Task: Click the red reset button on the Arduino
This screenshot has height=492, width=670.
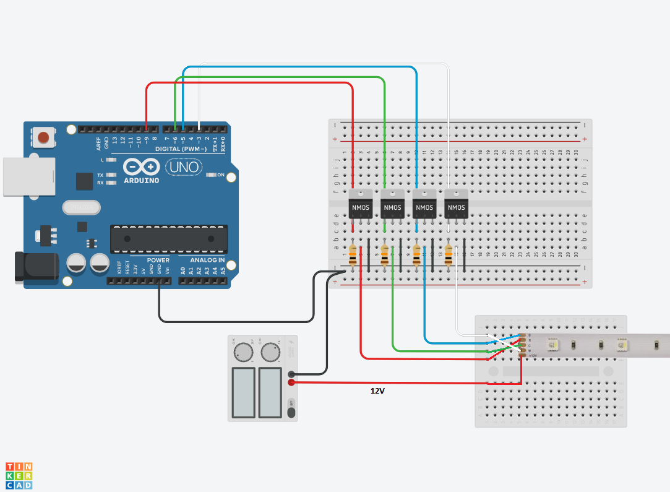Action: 43,137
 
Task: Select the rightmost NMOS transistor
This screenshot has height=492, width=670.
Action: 456,207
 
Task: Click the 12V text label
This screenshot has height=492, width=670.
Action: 377,391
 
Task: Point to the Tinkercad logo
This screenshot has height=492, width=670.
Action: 19,475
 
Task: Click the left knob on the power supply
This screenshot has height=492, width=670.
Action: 243,353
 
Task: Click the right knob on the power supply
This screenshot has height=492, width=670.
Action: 270,353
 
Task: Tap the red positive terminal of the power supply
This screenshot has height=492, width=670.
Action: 291,382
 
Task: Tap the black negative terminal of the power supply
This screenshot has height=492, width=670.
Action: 291,374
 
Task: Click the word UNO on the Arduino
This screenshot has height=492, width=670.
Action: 184,167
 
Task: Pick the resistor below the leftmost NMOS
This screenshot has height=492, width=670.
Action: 353,255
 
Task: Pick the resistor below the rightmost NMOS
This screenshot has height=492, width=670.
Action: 449,255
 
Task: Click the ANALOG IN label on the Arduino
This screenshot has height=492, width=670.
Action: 207,261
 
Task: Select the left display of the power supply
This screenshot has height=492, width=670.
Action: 243,392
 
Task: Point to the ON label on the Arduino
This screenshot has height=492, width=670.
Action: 220,175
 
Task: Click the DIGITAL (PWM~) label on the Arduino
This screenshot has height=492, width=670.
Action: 181,149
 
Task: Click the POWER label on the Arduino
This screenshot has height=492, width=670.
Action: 158,261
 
